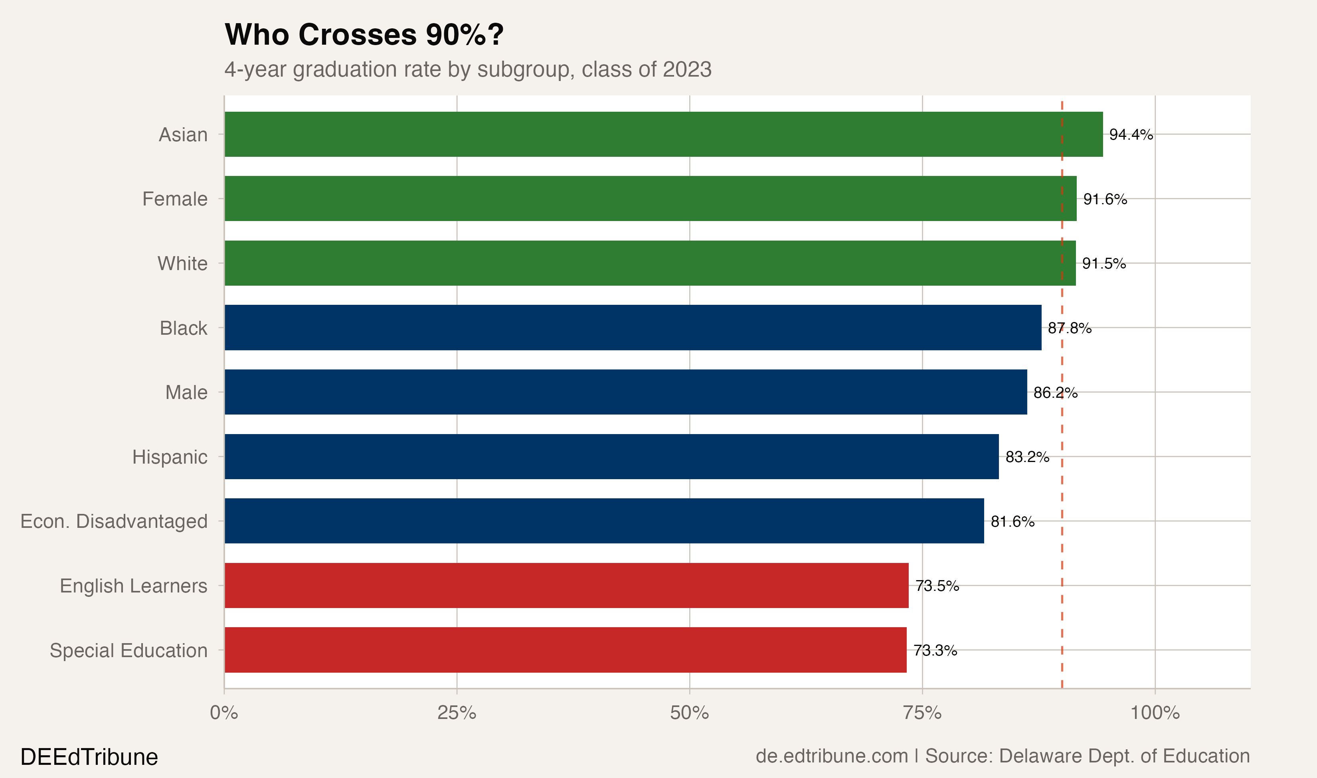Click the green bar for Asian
pyautogui.click(x=663, y=134)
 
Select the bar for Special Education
pyautogui.click(x=565, y=650)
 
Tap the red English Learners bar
pyautogui.click(x=566, y=586)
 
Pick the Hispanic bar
pyautogui.click(x=611, y=457)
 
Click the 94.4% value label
pyautogui.click(x=1131, y=135)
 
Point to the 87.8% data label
pyautogui.click(x=1070, y=328)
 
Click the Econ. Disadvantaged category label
pyautogui.click(x=114, y=521)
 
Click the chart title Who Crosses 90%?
pyautogui.click(x=364, y=35)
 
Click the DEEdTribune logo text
pyautogui.click(x=89, y=757)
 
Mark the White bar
pyautogui.click(x=650, y=263)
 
